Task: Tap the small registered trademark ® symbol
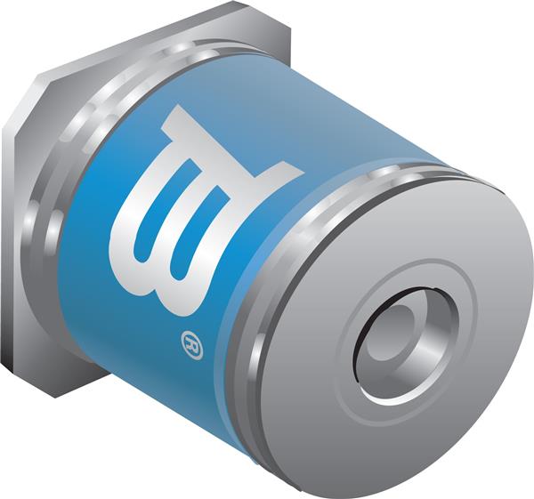tap(191, 343)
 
